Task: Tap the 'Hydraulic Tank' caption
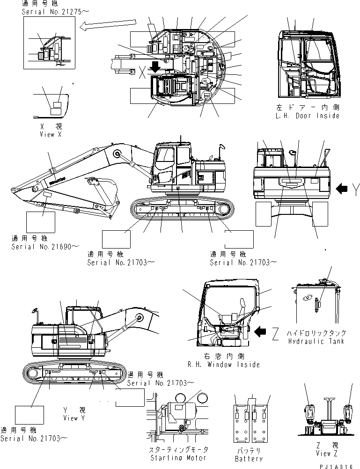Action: point(317,341)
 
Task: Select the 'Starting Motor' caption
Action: point(178,457)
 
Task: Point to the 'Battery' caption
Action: point(249,458)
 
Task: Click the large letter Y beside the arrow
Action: point(356,189)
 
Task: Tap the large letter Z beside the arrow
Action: point(275,333)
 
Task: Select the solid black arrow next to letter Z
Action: point(260,332)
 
